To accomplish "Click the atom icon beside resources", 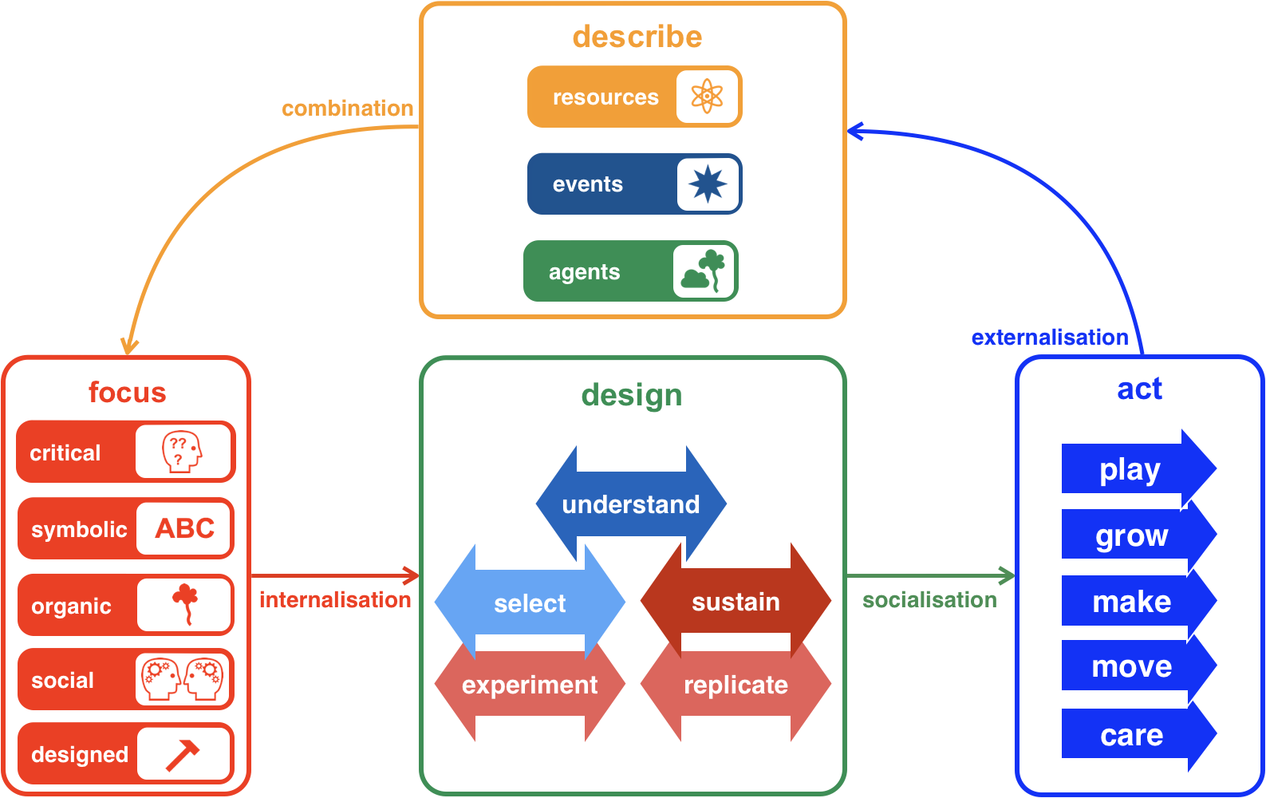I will pyautogui.click(x=707, y=97).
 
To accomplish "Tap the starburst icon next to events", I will pyautogui.click(x=708, y=184).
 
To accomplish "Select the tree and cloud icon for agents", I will pyautogui.click(x=704, y=271).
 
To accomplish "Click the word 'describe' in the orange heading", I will pyautogui.click(x=637, y=37).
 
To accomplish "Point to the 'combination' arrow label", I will pyautogui.click(x=348, y=109).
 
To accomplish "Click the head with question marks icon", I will pyautogui.click(x=183, y=452).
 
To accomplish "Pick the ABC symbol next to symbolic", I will pyautogui.click(x=185, y=528).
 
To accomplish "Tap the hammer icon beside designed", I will pyautogui.click(x=183, y=754).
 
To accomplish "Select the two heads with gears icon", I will pyautogui.click(x=183, y=679).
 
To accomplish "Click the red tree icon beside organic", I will pyautogui.click(x=186, y=603).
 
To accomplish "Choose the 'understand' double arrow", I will pyautogui.click(x=631, y=504).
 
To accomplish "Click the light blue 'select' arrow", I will pyautogui.click(x=530, y=603).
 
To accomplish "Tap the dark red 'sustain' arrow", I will pyautogui.click(x=736, y=602).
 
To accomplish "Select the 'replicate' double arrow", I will pyautogui.click(x=736, y=685).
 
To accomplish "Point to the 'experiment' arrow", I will pyautogui.click(x=530, y=685).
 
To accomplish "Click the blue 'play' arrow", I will pyautogui.click(x=1131, y=470).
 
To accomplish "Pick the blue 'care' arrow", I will pyautogui.click(x=1131, y=735).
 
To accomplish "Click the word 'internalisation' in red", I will pyautogui.click(x=335, y=600).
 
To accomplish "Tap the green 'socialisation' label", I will pyautogui.click(x=929, y=600).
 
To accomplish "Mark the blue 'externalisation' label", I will pyautogui.click(x=1050, y=338).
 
